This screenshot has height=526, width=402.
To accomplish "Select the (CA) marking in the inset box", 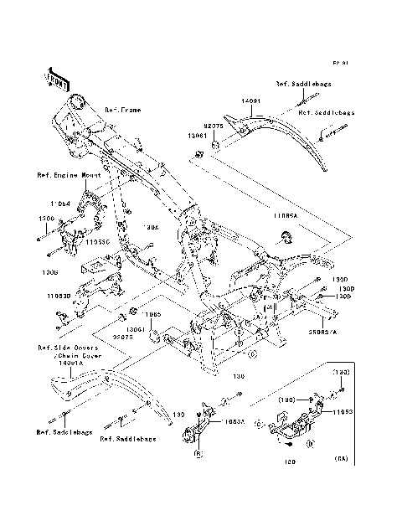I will pos(341,458).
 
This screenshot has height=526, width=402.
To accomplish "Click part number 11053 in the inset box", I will pos(343,413).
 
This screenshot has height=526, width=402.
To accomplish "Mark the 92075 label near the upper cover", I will pos(214,125).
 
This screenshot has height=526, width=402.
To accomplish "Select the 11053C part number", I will pos(97,240).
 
